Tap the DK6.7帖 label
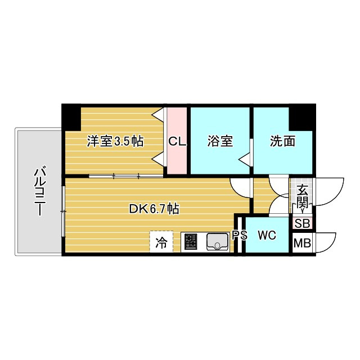pyautogui.click(x=154, y=209)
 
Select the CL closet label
pyautogui.click(x=177, y=142)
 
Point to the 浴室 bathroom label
pyautogui.click(x=220, y=142)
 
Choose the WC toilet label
pyautogui.click(x=267, y=236)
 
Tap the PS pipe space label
pyautogui.click(x=240, y=236)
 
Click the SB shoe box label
pyautogui.click(x=302, y=223)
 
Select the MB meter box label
pyautogui.click(x=302, y=244)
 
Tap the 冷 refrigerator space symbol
pyautogui.click(x=161, y=243)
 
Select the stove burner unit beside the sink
pyautogui.click(x=190, y=242)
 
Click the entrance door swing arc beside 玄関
pyautogui.click(x=330, y=191)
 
